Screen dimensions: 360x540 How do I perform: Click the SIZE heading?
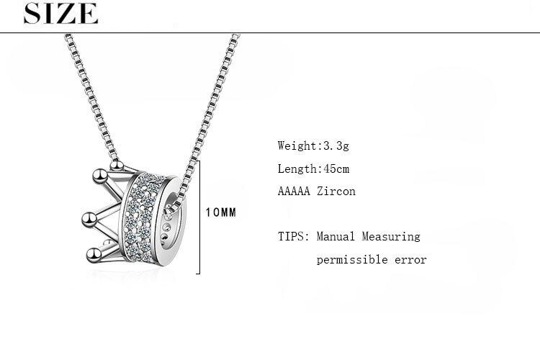pyautogui.click(x=60, y=14)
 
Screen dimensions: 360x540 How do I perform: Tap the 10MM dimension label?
pyautogui.click(x=220, y=213)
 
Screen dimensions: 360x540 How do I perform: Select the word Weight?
pyautogui.click(x=297, y=145)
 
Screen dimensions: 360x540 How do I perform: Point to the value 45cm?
pyautogui.click(x=334, y=168)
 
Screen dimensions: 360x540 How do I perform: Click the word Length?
pyautogui.click(x=297, y=168)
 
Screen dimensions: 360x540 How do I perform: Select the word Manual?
pyautogui.click(x=336, y=236)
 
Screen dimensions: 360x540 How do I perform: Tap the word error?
pyautogui.click(x=410, y=259)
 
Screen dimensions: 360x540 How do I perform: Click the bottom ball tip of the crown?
pyautogui.click(x=91, y=253)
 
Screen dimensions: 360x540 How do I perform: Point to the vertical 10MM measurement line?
pyautogui.click(x=199, y=216)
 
